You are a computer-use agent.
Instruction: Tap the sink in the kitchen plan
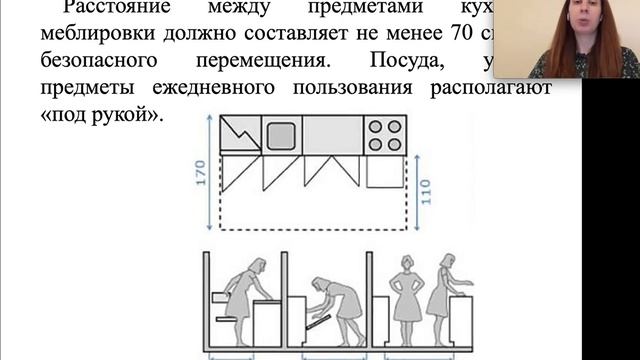[x=281, y=134]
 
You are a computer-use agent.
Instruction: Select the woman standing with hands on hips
[x=408, y=290]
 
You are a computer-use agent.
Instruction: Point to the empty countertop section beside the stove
[x=330, y=134]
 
